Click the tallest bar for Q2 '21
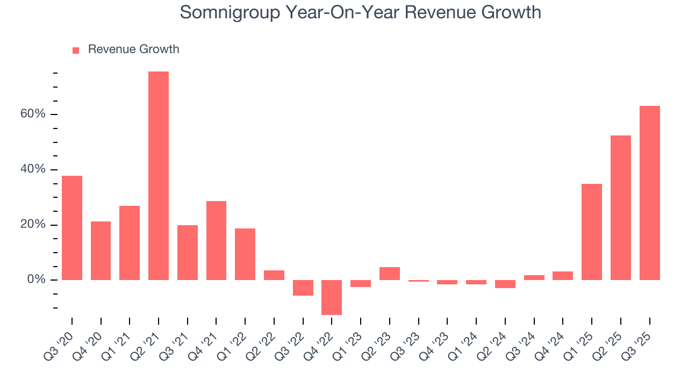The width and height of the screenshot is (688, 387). (x=159, y=176)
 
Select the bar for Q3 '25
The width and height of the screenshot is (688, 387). (x=649, y=193)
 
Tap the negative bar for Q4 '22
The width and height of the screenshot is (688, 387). (x=332, y=297)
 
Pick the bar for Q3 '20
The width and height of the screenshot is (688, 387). (x=72, y=228)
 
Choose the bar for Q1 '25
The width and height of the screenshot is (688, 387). (x=592, y=232)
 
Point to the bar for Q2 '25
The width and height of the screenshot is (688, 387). (x=620, y=207)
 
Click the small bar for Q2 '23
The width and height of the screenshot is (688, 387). (x=390, y=274)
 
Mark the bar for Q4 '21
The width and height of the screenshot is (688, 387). (x=216, y=240)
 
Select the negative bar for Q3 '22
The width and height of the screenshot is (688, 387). (x=303, y=288)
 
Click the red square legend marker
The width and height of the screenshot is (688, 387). (x=76, y=50)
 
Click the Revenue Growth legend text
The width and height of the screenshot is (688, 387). (x=133, y=49)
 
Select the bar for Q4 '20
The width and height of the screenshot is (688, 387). (x=101, y=250)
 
